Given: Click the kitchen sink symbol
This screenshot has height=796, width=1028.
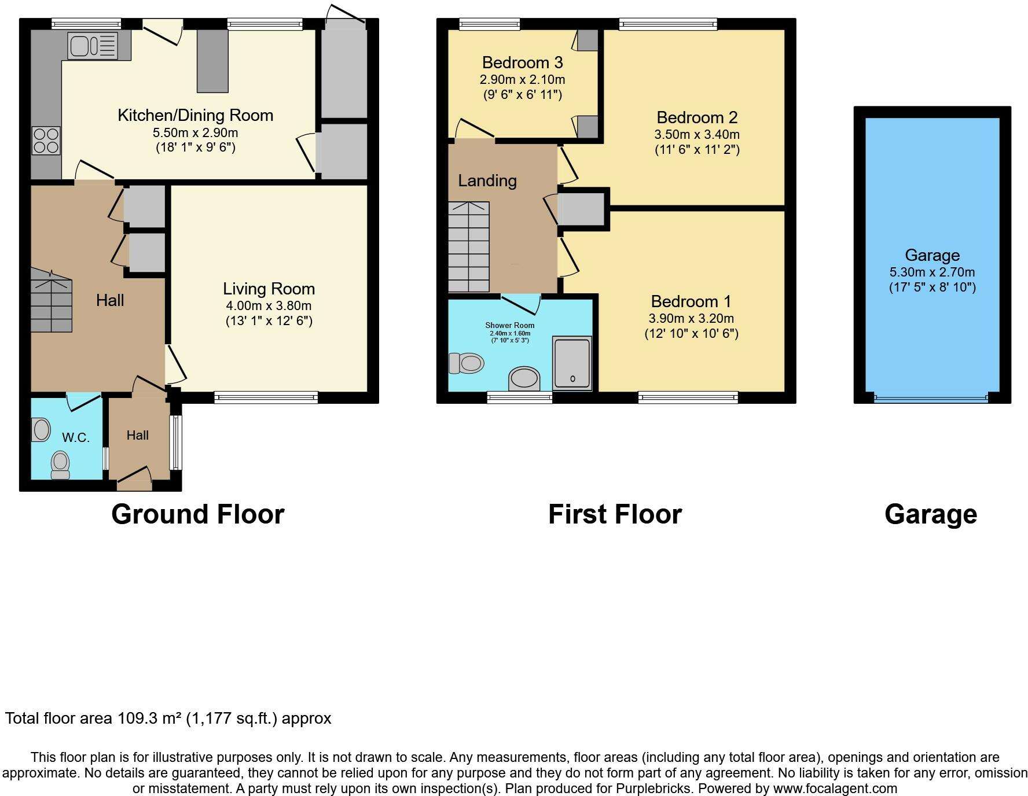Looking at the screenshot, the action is pos(93,46).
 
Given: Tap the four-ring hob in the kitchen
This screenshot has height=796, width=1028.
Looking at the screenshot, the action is pos(46,141).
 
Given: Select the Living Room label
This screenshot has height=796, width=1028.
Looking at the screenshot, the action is pos(269,289).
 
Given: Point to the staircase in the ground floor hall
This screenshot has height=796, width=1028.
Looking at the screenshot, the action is pos(52,300).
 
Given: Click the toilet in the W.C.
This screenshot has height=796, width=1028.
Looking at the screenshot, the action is pos(60,465).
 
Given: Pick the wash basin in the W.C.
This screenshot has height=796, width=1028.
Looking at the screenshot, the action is pos(41,430).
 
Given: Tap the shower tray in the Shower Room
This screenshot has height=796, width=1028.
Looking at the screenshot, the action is pos(572,363).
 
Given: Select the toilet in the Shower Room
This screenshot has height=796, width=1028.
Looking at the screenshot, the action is pos(466,363).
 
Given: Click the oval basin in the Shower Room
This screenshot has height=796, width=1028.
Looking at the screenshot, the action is pos(524,378).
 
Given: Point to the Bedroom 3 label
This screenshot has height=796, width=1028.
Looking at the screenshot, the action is pos(522,62).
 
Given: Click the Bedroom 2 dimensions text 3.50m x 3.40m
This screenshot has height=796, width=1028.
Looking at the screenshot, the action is pos(697,135).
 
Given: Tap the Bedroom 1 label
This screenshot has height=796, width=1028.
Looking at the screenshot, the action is pos(691,301).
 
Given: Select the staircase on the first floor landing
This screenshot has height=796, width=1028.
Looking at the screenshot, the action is pos(469,247).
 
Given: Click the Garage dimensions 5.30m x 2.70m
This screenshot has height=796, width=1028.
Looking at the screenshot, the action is pos(932,272).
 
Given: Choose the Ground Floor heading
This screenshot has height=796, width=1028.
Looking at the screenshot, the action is pos(198,514).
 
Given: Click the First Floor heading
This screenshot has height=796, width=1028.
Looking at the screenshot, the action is pos(615,514).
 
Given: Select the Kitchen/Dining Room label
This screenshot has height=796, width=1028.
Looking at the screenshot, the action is pos(196,115).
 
